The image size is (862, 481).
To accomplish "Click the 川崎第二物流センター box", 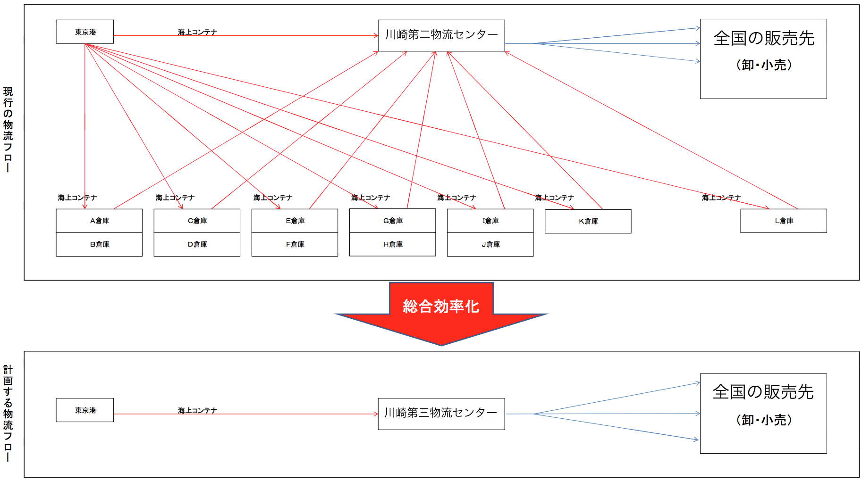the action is point(441,35).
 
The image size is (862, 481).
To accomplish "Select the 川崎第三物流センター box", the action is point(441,414).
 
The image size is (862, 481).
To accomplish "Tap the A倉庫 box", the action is point(99,221).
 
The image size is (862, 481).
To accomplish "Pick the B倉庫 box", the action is point(99,244).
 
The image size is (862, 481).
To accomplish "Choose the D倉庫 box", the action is point(197,244).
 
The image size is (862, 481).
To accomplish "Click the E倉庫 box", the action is point(295,221).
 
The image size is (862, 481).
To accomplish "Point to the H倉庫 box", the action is point(392,244).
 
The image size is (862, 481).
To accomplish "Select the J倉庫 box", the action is point(490,244).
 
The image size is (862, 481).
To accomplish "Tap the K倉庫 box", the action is point(588,221).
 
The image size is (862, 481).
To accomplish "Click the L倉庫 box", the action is point(784,221).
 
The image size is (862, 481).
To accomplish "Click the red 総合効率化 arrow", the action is point(441,314).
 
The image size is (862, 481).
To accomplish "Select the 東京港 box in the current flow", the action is point(85,32).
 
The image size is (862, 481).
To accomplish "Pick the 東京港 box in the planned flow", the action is point(85,410).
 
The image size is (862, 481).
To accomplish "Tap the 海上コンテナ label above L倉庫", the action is point(721,198).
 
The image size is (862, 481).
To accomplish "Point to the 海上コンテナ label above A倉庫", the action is point(77,198).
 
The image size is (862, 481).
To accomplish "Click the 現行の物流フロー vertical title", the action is point(8,129).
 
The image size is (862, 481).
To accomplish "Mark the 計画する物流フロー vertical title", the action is point(8,413).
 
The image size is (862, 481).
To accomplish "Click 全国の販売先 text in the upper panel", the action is point(764,38).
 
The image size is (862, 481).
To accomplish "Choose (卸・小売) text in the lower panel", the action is point(764,420).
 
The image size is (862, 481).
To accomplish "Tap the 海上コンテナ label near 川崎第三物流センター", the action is point(197,410).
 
